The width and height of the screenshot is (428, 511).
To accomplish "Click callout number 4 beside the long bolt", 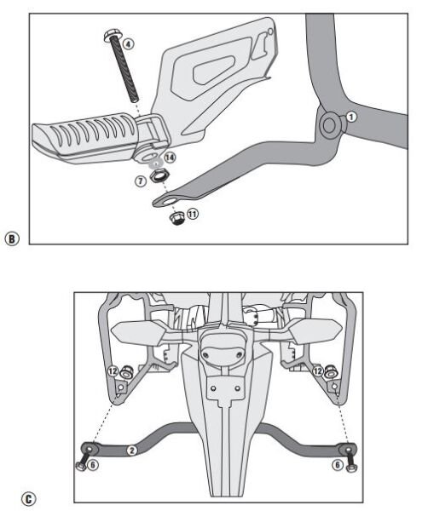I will [128, 42].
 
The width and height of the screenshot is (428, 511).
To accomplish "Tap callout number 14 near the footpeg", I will [171, 158].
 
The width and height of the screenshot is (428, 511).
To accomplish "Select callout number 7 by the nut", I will [140, 181].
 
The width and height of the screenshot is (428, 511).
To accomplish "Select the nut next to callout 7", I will [158, 176].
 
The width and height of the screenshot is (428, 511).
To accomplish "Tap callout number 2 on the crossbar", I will [131, 450].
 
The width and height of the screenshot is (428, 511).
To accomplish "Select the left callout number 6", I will [93, 466].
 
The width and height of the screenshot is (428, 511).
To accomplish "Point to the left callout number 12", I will [113, 371].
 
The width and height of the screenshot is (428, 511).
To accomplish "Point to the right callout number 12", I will [317, 371].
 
